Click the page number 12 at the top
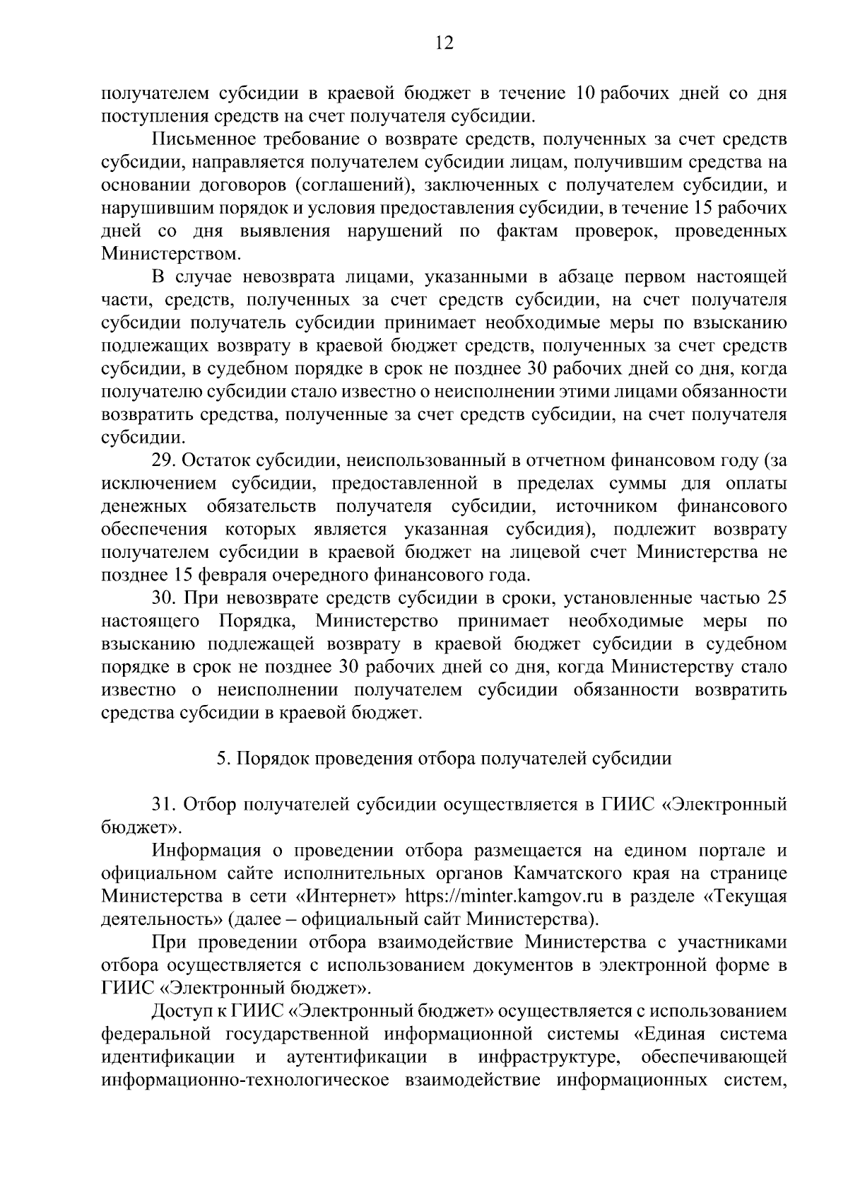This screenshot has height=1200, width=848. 444,43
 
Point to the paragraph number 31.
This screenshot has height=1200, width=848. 163,805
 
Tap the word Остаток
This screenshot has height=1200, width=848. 220,461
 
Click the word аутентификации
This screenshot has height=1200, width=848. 357,1057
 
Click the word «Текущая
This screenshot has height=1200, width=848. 743,897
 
